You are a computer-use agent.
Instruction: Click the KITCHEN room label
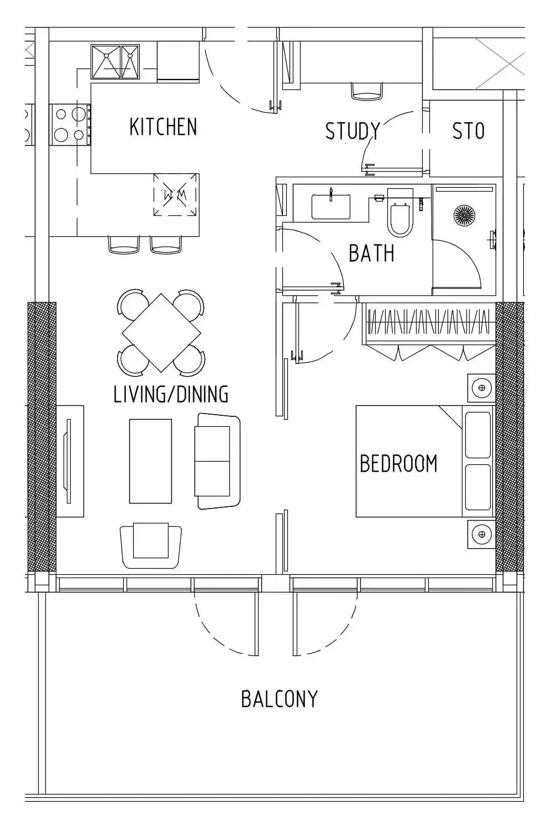(163, 126)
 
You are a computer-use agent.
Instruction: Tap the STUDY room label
(353, 131)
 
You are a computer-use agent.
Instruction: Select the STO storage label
(469, 131)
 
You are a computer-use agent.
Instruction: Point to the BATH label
(371, 253)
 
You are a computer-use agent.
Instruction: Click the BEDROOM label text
(398, 463)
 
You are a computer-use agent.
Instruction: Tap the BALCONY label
(280, 699)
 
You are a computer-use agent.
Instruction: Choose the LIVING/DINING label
(171, 394)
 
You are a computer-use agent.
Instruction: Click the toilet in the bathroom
(399, 212)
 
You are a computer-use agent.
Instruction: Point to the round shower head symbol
(464, 214)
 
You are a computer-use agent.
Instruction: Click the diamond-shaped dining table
(161, 332)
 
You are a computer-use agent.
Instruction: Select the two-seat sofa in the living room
(218, 461)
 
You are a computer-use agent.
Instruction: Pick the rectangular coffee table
(150, 461)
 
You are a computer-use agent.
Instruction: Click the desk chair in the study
(366, 91)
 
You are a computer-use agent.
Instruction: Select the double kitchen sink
(115, 62)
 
